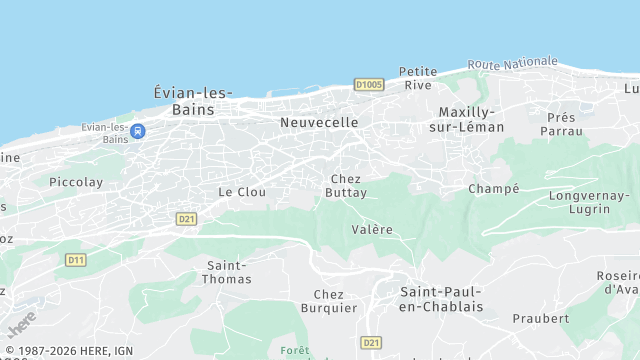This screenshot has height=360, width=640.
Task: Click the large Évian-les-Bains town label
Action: coord(193,100)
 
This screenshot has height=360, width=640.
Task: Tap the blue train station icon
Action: coord(138,131)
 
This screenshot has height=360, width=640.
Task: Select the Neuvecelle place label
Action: coord(319,122)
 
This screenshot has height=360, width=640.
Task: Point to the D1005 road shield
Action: coord(368,85)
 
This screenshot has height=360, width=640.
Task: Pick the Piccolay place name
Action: coord(76,182)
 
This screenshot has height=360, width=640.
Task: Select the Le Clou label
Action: coord(242,191)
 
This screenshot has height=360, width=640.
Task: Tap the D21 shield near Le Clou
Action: coord(186,218)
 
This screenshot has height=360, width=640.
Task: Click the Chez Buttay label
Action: coord(346,185)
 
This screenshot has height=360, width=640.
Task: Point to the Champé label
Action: coord(494,188)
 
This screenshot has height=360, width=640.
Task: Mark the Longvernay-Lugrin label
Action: coord(590,202)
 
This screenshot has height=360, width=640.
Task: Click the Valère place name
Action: coord(372,229)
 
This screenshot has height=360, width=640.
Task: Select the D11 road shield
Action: coord(76,260)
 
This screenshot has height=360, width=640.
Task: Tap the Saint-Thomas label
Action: coord(228,272)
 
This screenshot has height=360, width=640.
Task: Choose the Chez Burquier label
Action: coord(329,301)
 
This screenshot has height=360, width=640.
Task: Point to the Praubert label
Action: coord(540,318)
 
